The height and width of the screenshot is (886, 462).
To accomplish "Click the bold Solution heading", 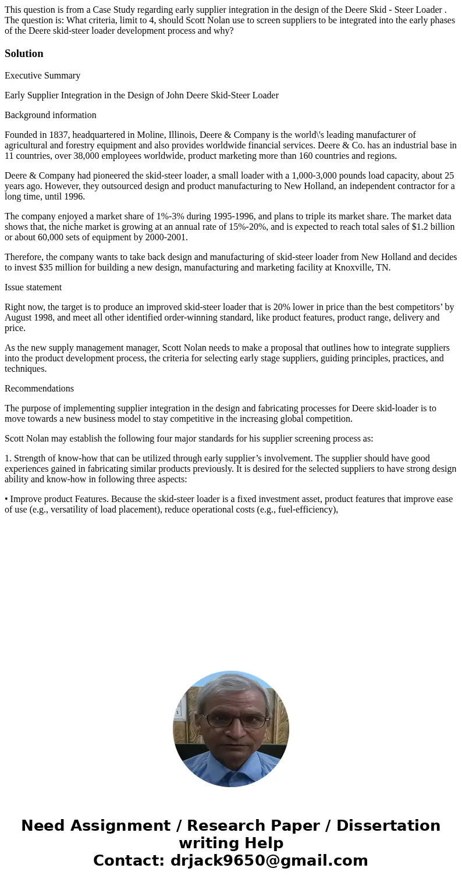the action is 24,54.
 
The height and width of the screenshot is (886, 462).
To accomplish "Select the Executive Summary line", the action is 42,76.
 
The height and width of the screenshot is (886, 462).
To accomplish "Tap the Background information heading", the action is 51,115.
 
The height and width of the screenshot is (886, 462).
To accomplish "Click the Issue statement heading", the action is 33,287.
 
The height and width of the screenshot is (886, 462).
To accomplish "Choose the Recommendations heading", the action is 39,389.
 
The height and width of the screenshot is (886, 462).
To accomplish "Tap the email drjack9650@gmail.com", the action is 269,861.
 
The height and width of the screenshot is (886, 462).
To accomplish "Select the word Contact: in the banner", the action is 129,861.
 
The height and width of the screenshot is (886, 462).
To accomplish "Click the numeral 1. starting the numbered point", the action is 8,458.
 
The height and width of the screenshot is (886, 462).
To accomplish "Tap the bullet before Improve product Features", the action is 6,499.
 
